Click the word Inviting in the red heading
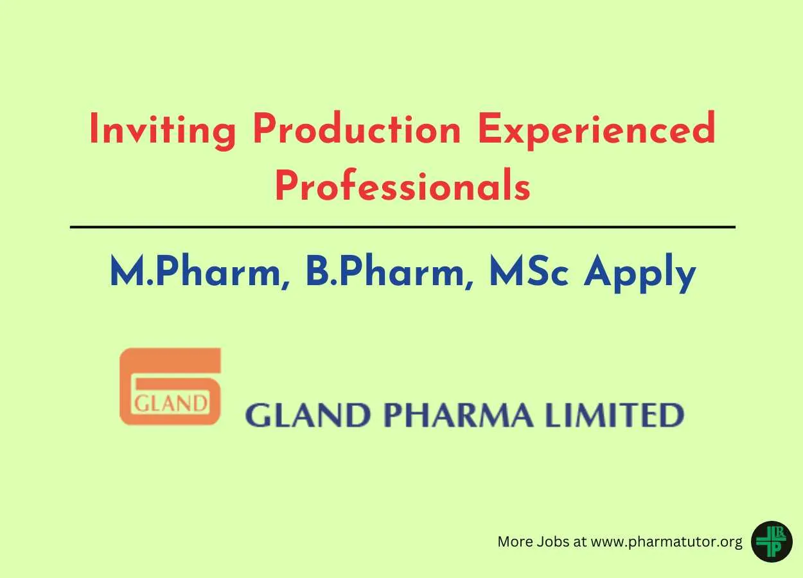click(163, 130)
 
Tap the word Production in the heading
click(357, 128)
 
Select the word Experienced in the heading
click(597, 130)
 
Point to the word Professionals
click(403, 185)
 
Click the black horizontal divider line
click(403, 227)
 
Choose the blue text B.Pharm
click(389, 271)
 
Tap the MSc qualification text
click(529, 270)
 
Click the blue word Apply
click(640, 273)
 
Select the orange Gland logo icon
click(170, 386)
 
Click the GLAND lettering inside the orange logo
click(171, 403)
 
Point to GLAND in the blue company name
click(308, 415)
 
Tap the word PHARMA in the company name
click(459, 415)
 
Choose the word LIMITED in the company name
click(614, 415)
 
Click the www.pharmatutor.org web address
click(666, 542)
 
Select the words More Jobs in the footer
click(533, 541)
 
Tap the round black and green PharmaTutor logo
click(772, 541)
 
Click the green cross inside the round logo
click(771, 542)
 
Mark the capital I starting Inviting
click(94, 128)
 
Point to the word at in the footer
click(579, 542)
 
